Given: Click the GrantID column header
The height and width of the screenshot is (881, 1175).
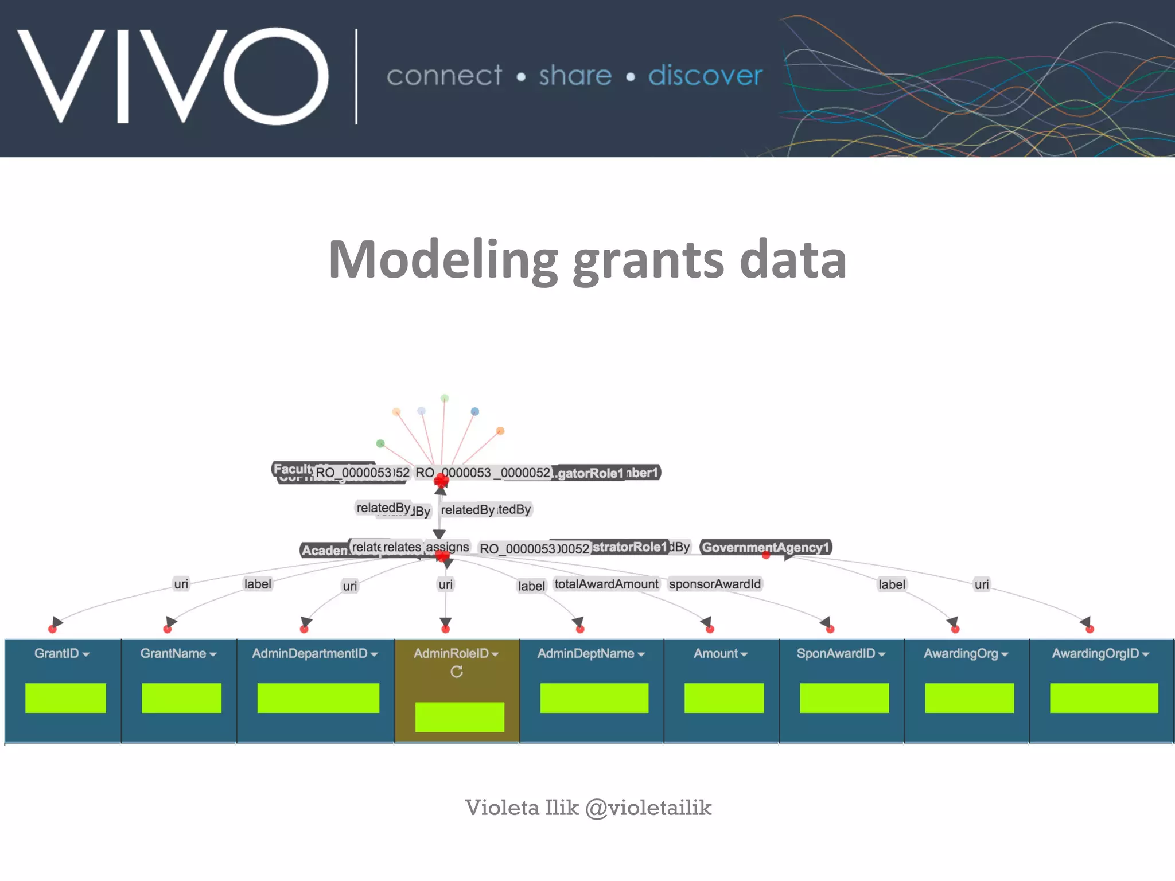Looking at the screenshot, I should pos(61,654).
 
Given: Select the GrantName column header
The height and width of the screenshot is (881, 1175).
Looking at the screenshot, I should pos(178,654).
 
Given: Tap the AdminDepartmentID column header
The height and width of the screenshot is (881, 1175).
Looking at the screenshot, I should pos(314,654).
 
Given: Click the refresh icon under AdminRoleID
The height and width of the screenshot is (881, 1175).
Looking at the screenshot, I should pos(457,672).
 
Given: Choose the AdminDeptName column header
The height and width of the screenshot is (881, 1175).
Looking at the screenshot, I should pos(590,654).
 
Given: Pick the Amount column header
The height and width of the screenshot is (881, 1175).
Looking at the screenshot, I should pos(720,654).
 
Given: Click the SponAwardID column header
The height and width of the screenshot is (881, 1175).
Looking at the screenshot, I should pos(841,654).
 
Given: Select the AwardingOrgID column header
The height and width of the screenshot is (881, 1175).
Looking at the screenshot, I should pos(1100,654).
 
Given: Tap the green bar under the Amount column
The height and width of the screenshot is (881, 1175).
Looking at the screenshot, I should pos(724,698).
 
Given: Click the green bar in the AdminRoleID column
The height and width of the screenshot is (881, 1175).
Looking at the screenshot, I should pos(460,717).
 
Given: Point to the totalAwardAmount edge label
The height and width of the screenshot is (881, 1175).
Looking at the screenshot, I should pos(606,584).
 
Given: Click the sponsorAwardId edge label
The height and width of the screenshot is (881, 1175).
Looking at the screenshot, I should pos(715,584).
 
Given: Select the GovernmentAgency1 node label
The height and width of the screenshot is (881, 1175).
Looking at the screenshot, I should pos(765,547).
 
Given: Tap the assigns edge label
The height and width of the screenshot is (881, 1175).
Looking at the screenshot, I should pos(447,547).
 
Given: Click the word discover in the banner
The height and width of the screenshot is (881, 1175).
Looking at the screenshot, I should pos(705,76).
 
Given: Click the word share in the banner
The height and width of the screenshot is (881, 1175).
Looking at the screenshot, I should pos(575,76).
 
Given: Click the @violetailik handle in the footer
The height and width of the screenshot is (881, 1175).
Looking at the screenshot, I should pos(648,808).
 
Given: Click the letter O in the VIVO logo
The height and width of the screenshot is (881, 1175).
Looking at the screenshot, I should pos(276,76).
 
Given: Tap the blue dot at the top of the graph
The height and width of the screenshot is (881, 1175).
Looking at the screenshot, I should pos(474,411).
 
